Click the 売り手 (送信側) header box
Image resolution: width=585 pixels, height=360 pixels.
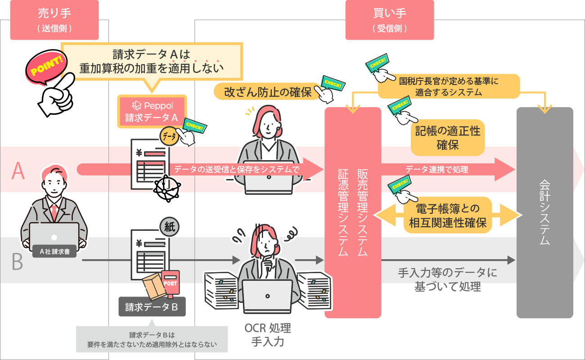pyautogui.click(x=54, y=19)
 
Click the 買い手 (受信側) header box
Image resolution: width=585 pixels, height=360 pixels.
pyautogui.click(x=390, y=19)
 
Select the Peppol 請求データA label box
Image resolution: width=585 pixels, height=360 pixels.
pyautogui.click(x=152, y=111)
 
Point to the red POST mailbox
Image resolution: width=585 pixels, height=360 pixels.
pyautogui.click(x=170, y=283)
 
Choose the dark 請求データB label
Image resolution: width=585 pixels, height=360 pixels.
pyautogui.click(x=152, y=307)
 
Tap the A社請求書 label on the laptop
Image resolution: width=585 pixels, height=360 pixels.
pyautogui.click(x=54, y=252)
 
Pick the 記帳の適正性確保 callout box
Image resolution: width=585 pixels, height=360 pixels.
pyautogui.click(x=447, y=138)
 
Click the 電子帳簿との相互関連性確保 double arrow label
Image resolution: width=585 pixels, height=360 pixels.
pyautogui.click(x=448, y=216)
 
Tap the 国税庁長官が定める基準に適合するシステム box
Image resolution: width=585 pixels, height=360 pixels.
pyautogui.click(x=449, y=86)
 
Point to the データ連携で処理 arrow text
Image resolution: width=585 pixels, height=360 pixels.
pyautogui.click(x=437, y=170)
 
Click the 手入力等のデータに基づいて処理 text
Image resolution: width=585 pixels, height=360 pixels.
pyautogui.click(x=447, y=279)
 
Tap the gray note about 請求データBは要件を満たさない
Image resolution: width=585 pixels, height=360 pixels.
pyautogui.click(x=152, y=340)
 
